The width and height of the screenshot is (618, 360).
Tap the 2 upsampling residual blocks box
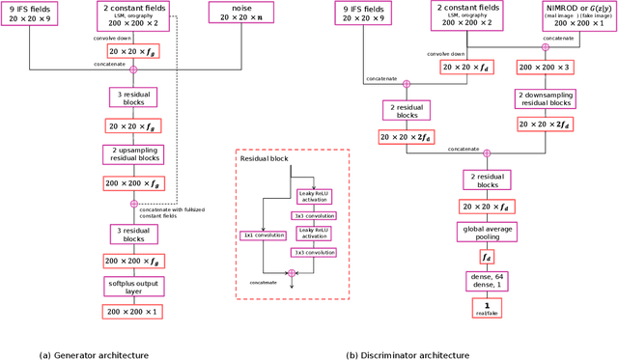coord(133,154)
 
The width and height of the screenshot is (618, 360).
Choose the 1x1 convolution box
coord(261,235)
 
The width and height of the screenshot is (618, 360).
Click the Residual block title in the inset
coord(265,165)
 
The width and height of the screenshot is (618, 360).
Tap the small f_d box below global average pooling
coord(486,257)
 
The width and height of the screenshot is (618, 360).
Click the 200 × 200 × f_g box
coord(133,182)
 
